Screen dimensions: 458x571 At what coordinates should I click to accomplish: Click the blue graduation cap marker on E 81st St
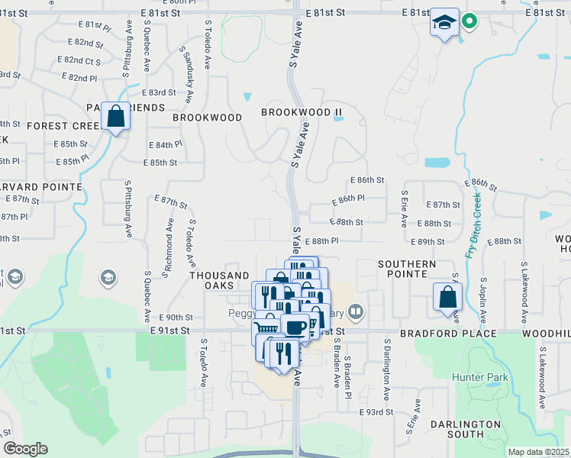(444, 23)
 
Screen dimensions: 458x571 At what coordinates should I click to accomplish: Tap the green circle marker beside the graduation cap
(470, 21)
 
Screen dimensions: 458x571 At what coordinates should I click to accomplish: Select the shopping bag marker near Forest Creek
(116, 118)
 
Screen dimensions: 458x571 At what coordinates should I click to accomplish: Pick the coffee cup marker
(295, 328)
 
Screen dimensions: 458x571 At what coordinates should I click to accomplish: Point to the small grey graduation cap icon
(108, 276)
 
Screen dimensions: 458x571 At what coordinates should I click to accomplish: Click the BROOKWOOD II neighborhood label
(302, 112)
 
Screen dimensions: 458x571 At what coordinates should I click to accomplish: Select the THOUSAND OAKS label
(219, 280)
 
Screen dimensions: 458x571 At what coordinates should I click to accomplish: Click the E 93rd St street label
(376, 411)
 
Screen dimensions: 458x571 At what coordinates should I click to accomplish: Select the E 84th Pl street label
(165, 144)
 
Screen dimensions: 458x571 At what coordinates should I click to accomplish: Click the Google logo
(25, 449)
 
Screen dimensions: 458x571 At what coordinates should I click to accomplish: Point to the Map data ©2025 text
(538, 452)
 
